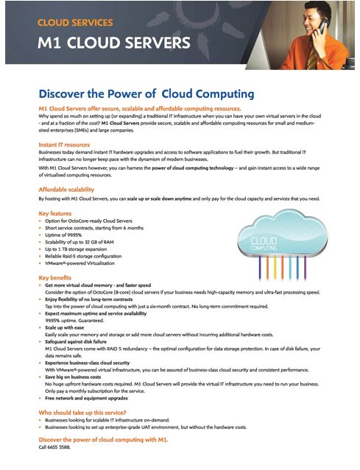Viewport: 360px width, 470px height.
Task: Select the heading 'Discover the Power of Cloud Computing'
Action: tap(146, 93)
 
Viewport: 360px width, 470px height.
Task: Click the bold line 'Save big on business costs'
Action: tap(79, 376)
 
